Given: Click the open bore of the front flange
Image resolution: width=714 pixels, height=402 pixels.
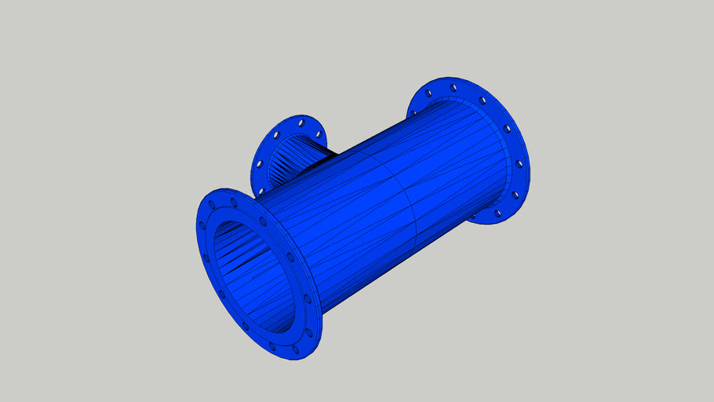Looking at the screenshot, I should coord(250,275).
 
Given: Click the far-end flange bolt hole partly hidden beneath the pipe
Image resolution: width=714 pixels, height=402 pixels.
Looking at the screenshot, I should coord(474,214).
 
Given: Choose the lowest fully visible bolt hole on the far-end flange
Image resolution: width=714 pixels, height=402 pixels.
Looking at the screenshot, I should coord(497,211).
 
